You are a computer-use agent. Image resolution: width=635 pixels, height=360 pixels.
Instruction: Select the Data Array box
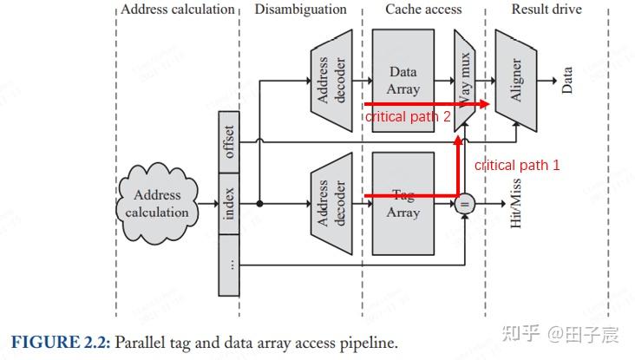[x=403, y=81]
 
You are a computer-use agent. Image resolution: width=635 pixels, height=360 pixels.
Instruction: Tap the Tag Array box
[x=403, y=204]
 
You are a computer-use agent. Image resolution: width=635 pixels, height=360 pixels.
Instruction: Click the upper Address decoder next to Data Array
[x=330, y=81]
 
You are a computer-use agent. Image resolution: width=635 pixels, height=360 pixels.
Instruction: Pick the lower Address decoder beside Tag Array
[x=330, y=204]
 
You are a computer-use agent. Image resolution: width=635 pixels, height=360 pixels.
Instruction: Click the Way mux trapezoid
[x=465, y=80]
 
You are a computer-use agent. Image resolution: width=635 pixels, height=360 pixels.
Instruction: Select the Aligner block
[x=515, y=80]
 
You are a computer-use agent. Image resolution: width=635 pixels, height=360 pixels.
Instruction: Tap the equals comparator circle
[x=464, y=205]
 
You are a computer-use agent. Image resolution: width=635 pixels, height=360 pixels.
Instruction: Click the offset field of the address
[x=229, y=141]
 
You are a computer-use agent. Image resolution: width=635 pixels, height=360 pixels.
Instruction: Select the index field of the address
[x=229, y=204]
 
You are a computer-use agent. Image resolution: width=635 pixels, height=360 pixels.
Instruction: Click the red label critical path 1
[x=517, y=165]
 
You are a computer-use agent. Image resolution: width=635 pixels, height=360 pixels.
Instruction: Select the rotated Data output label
[x=567, y=80]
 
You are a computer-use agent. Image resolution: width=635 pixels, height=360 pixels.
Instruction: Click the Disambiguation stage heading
[x=300, y=10]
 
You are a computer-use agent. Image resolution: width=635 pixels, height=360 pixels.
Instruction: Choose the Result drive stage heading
[x=547, y=10]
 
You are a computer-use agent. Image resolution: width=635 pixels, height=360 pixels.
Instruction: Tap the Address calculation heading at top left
[x=178, y=10]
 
